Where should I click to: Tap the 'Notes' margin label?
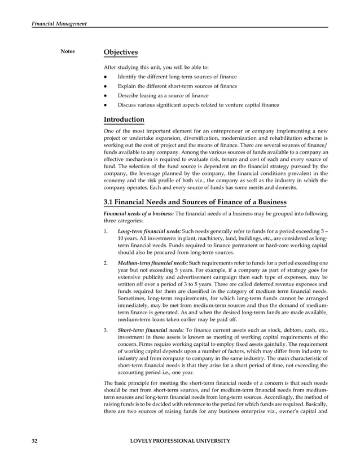coord(68,52)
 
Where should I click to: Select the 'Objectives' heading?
coord(121,52)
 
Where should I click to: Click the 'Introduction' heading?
coord(124,120)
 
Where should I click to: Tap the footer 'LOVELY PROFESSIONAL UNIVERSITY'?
coord(179,440)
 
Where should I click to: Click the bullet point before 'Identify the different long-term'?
coord(106,77)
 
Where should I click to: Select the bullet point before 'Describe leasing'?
coord(106,95)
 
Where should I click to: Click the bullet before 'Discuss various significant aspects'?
coord(106,105)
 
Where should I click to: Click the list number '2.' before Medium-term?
coord(107,263)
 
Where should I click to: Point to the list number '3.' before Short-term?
coord(107,328)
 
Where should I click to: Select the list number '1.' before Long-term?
coord(107,232)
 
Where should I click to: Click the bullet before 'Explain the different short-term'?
coord(106,86)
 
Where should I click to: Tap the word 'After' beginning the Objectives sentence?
coord(111,67)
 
